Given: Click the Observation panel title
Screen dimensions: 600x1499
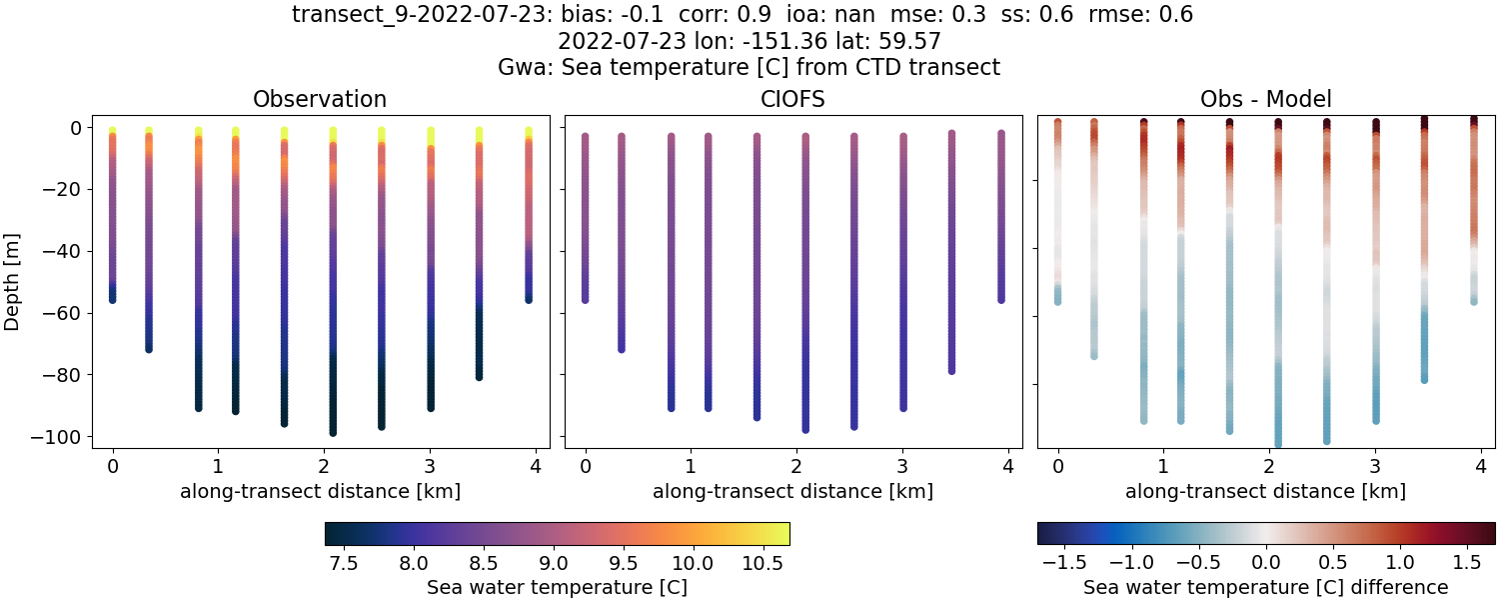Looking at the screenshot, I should (x=320, y=99).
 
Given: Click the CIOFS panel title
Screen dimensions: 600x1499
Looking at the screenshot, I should (x=792, y=99).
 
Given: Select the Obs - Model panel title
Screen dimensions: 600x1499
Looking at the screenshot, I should (x=1265, y=99).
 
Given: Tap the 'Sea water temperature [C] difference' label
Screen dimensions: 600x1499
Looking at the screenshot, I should (x=1265, y=587).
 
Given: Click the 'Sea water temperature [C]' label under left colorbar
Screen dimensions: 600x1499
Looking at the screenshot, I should (x=557, y=587).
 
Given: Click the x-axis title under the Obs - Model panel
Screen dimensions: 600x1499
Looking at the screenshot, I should (x=1265, y=491).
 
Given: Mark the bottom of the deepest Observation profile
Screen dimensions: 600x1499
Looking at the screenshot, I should (x=333, y=432).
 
